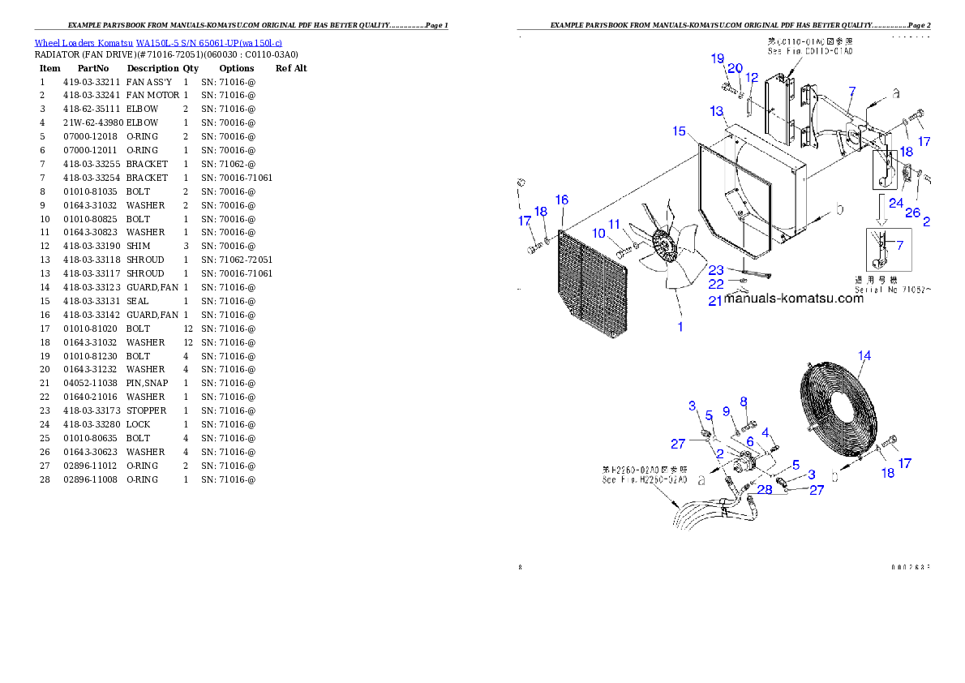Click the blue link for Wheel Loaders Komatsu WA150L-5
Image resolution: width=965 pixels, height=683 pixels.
coord(158,42)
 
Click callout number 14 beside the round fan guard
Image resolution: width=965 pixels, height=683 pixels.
coord(864,355)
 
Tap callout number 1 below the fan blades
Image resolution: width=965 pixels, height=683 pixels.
coord(680,327)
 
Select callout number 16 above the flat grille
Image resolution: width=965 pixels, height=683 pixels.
coord(561,200)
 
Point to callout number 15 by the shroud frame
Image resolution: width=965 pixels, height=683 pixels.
coord(680,131)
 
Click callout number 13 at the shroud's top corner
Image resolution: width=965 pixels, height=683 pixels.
coord(717,110)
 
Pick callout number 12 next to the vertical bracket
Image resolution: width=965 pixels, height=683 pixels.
coord(752,78)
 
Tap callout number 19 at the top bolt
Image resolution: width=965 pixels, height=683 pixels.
coord(718,58)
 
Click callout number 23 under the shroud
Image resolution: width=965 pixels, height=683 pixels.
coord(716,270)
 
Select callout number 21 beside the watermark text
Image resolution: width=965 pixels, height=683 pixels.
coord(714,300)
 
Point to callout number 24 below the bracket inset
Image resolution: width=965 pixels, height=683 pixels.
coord(894,204)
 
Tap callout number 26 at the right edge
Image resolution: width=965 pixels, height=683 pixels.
coord(913,213)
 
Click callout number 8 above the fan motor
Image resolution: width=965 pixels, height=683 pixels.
coord(743,402)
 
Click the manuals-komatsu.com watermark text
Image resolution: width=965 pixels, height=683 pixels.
coord(794,299)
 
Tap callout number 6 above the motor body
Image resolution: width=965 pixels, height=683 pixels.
coord(750,442)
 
